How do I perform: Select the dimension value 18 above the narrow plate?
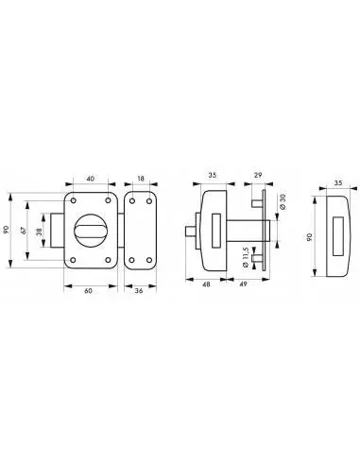[x=141, y=178]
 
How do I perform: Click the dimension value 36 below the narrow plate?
[x=140, y=291]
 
